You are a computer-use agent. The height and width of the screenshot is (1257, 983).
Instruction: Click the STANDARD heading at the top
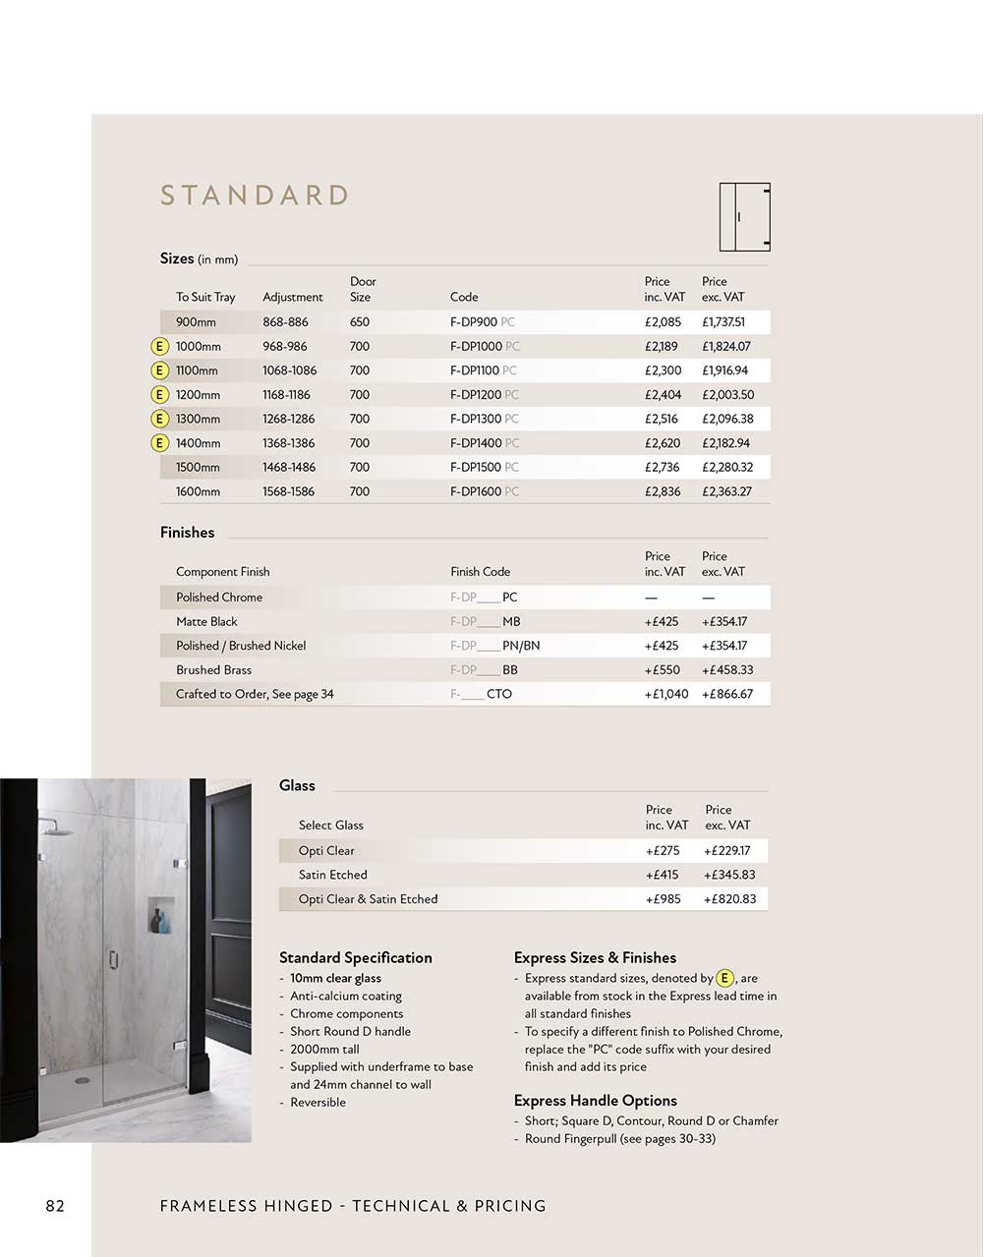(x=255, y=196)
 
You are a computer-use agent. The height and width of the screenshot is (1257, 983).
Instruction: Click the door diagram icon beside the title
(x=744, y=217)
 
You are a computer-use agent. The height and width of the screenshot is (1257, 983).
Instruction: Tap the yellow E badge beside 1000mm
(x=159, y=347)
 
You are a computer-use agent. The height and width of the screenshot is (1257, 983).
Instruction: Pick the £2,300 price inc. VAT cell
(x=663, y=371)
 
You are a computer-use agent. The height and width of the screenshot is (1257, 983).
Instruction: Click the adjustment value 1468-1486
(x=289, y=468)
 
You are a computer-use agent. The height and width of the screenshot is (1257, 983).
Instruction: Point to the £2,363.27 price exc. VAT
(x=726, y=491)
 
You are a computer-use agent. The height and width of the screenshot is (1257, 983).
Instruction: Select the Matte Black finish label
(x=206, y=622)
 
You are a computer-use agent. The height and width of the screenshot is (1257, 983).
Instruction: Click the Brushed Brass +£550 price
(x=662, y=670)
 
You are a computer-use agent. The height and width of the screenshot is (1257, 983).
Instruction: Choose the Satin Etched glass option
(x=333, y=875)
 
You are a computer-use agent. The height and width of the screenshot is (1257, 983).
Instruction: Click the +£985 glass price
(x=663, y=899)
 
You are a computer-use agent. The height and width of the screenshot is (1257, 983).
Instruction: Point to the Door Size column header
(x=362, y=289)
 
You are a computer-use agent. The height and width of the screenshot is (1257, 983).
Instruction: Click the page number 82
(x=55, y=1206)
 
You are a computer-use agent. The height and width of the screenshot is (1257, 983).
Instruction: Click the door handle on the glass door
(x=113, y=959)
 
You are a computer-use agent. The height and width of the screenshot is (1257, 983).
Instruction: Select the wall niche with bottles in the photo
(x=160, y=915)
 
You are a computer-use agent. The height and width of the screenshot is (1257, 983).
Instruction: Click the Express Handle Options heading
(x=595, y=1101)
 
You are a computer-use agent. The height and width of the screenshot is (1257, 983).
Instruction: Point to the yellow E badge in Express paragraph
(x=724, y=978)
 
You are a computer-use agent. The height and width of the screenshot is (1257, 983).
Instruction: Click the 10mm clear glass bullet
(x=335, y=978)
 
